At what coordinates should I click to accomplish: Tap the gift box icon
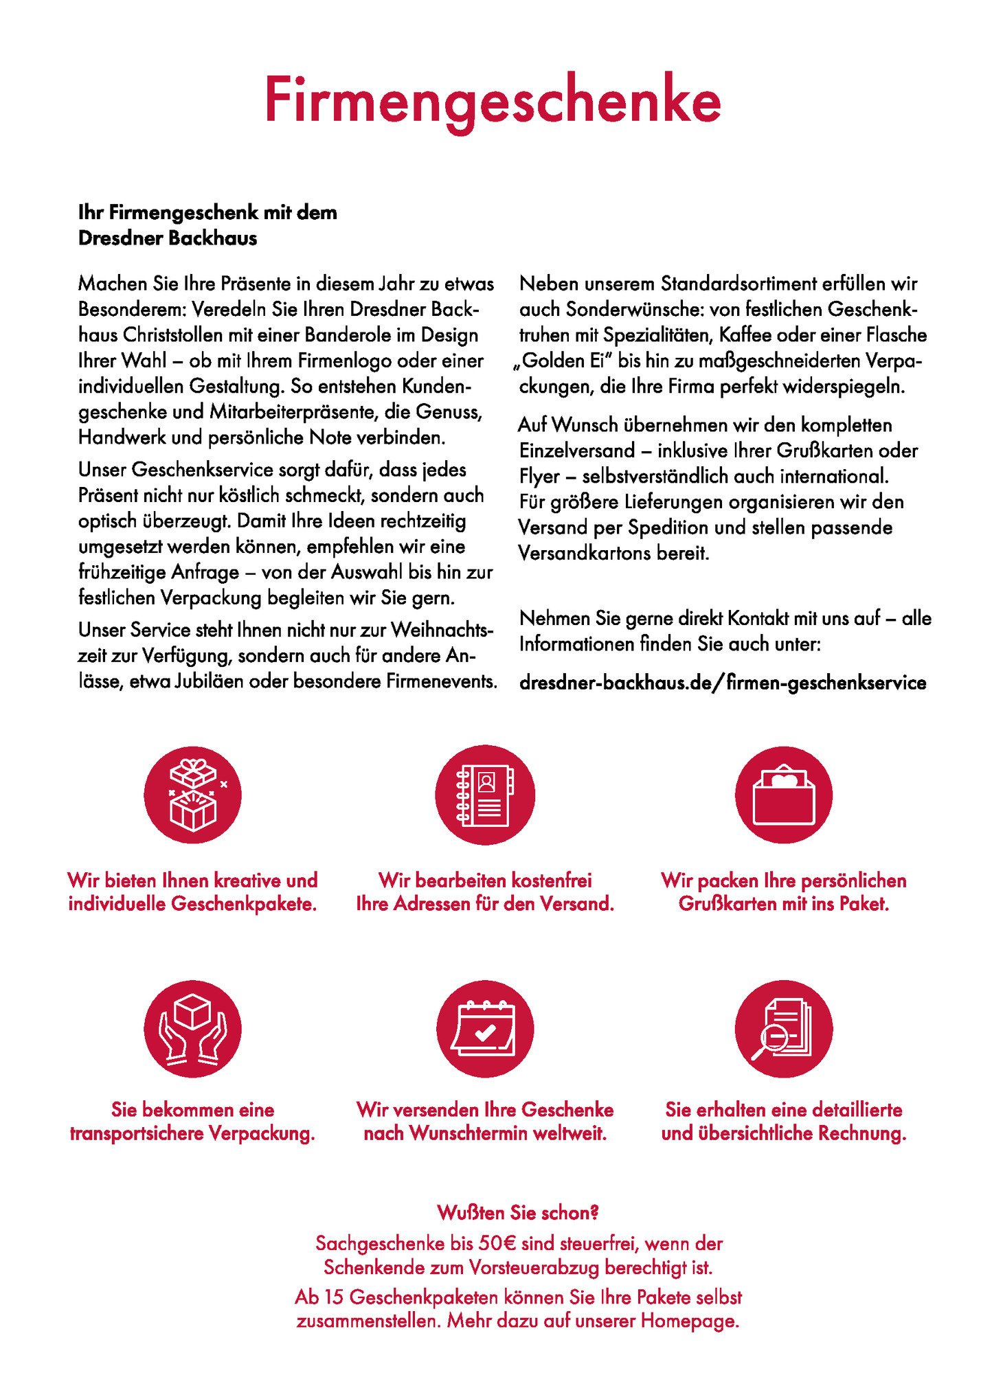[x=193, y=795]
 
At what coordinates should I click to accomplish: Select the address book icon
[x=485, y=795]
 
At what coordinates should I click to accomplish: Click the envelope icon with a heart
[x=784, y=795]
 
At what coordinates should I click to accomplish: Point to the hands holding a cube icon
[x=193, y=1029]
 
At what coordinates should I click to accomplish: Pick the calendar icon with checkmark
[x=485, y=1029]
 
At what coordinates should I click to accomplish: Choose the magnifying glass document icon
[x=784, y=1029]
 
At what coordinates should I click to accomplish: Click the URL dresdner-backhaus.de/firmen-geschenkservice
[x=723, y=683]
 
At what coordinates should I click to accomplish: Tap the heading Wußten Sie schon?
[x=518, y=1214]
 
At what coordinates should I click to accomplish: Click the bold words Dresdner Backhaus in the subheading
[x=168, y=238]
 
